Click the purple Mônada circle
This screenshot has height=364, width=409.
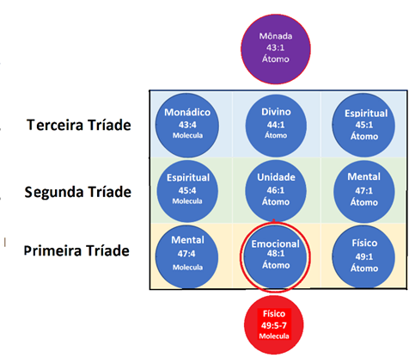click(276, 49)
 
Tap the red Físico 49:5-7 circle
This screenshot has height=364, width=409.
click(274, 325)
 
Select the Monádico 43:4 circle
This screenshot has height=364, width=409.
click(187, 126)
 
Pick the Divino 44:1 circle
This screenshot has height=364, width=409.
click(276, 126)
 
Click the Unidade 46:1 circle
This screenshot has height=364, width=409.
click(276, 190)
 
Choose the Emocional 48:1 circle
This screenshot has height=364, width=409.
click(276, 256)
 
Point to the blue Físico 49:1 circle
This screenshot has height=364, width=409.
click(363, 256)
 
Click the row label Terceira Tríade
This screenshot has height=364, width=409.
click(79, 125)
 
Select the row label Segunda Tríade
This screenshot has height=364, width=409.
click(78, 192)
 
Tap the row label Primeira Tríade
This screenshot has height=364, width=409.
click(76, 250)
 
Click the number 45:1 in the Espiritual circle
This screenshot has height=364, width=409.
click(364, 125)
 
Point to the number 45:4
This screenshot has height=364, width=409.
click(187, 190)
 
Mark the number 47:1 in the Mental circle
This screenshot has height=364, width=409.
click(363, 190)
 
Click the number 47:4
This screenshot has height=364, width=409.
click(186, 254)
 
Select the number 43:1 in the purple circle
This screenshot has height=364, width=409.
click(276, 47)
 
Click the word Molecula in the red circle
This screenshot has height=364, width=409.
click(274, 336)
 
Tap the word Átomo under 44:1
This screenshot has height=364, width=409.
click(276, 135)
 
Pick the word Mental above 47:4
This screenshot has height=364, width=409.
click(187, 240)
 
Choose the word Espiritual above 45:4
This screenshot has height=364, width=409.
click(188, 177)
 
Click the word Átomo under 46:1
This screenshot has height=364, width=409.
click(276, 201)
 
